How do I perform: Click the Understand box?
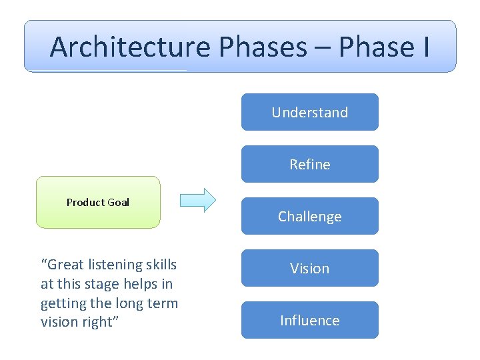point(309,112)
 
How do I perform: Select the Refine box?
point(309,164)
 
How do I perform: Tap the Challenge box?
point(309,216)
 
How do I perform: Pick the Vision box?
point(309,268)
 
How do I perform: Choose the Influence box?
point(309,320)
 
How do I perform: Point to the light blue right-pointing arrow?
point(198,200)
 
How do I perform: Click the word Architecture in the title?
point(131,47)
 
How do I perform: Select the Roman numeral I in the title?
point(425,47)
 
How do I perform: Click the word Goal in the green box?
point(119,202)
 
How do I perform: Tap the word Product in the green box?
point(85,202)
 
